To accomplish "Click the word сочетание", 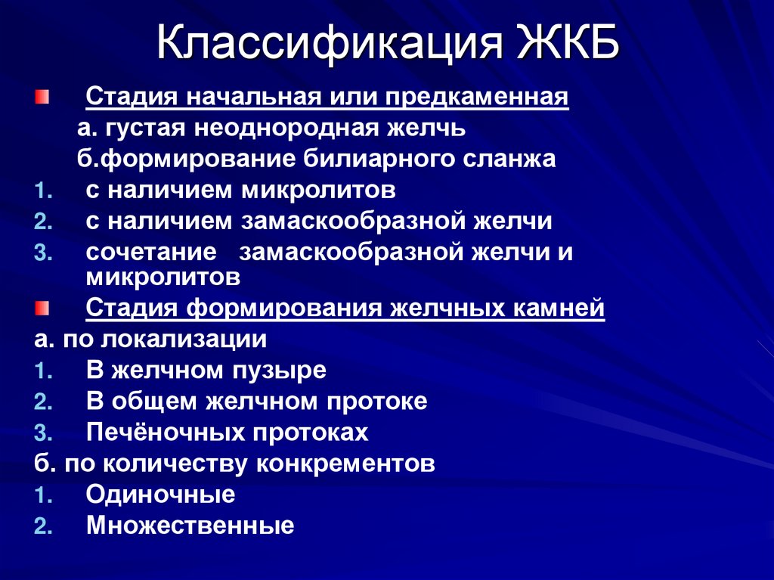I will pos(151,252).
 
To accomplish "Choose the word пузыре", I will pos(288,371).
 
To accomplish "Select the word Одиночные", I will pos(160,495).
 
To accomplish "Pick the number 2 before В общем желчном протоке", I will pos(42,402).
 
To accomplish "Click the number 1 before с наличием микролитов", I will pos(42,190).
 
